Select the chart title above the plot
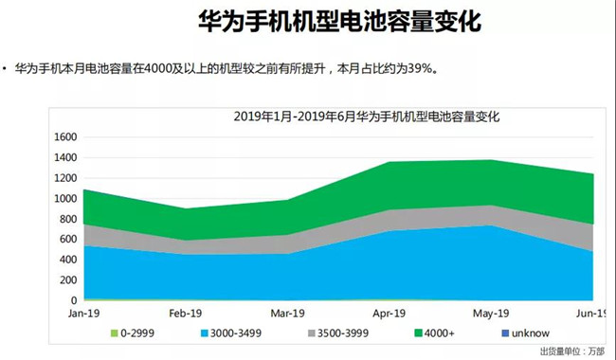[x=366, y=117]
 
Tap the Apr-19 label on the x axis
[x=390, y=312]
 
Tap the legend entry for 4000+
[x=437, y=334]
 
